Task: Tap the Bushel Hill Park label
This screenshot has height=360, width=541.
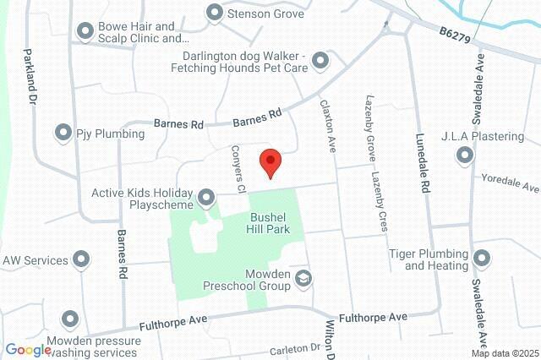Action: coord(271,222)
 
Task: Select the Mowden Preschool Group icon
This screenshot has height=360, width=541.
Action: coord(305,279)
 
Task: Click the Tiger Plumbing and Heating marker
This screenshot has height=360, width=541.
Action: coord(482,259)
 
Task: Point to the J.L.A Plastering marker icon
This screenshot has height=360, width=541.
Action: coord(464,155)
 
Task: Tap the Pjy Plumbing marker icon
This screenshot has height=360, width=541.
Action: coord(63,132)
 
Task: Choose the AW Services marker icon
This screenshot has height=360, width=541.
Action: coord(81,259)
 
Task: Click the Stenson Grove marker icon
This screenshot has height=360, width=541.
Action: coord(214,13)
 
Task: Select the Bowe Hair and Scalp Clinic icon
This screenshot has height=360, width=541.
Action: coord(85,32)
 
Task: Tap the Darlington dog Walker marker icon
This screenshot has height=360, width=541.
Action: coord(320,60)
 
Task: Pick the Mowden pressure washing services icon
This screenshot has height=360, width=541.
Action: coord(69,320)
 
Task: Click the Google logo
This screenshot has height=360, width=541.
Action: coord(28,350)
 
